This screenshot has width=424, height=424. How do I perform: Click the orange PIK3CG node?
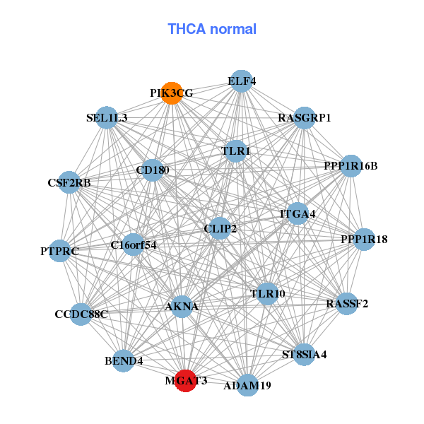point(172,93)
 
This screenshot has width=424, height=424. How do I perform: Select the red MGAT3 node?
point(185,380)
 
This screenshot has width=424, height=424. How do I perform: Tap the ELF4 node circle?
point(242,81)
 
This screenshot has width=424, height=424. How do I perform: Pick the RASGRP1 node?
point(304,117)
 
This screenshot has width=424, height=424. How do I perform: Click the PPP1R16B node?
point(351,166)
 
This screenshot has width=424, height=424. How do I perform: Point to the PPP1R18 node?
point(364,240)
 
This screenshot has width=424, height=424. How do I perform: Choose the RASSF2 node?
point(346,304)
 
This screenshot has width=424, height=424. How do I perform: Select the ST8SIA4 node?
point(304,353)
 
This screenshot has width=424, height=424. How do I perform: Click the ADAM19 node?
point(247,385)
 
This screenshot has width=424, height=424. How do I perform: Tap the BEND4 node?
point(124,360)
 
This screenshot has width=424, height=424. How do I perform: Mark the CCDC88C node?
point(81,314)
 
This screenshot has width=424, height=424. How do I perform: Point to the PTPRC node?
point(59,250)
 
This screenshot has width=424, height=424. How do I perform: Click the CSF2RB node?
point(69,183)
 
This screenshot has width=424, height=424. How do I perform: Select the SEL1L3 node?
point(107,117)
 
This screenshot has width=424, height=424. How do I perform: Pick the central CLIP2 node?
point(220,228)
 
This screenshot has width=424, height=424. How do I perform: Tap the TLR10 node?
point(267,293)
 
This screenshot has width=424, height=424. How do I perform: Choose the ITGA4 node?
point(298,213)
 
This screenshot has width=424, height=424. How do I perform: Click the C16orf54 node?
point(134,245)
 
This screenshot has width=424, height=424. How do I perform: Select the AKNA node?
point(182,307)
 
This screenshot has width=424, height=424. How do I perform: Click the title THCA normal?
point(211,29)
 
